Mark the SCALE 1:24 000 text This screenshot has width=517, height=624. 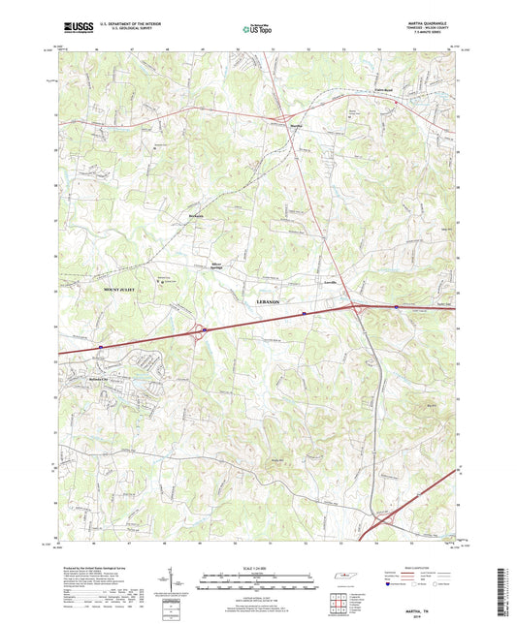point(258,567)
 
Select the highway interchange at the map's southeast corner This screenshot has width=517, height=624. point(387,523)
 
